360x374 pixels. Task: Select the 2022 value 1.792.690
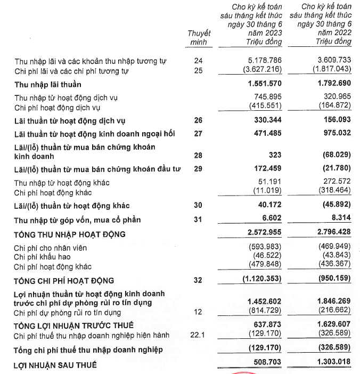point(333,84)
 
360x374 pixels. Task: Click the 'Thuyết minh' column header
point(199,38)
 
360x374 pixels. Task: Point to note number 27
point(199,133)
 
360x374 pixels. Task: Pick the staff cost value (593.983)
point(265,248)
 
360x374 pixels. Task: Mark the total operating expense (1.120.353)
point(262,280)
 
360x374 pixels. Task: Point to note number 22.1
point(199,335)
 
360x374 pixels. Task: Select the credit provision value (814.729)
point(265,312)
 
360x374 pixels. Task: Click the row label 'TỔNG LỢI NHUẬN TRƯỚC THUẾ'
point(74,326)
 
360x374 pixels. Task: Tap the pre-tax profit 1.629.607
point(333,326)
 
